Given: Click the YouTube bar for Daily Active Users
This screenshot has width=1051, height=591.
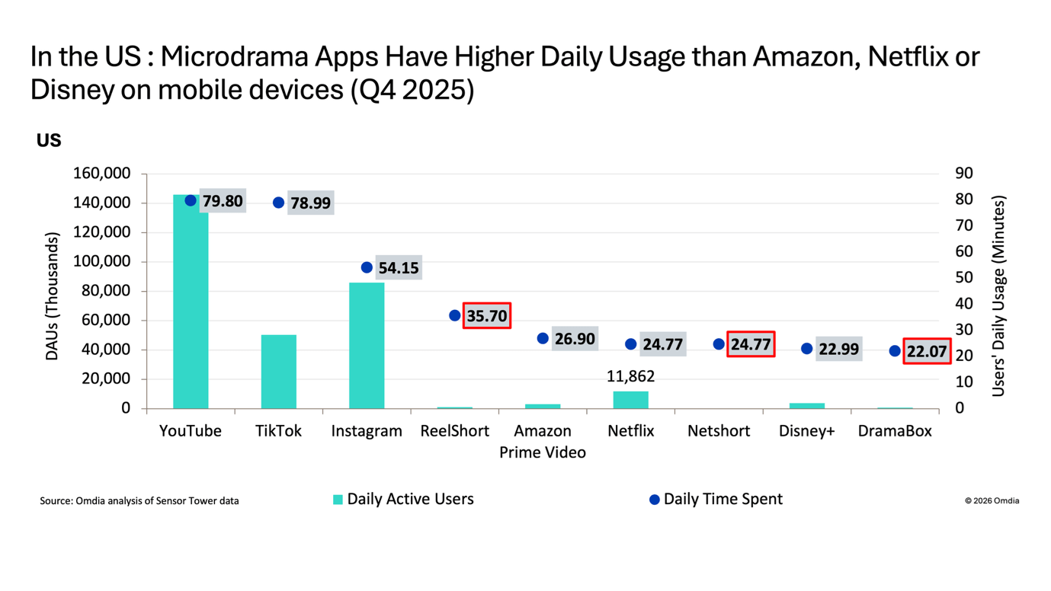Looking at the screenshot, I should pos(191,305).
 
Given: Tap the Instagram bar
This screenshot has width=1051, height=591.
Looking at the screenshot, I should pos(367,347).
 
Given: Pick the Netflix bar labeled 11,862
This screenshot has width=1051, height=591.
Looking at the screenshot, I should pos(630,400).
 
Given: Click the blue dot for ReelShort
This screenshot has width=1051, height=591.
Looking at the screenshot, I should pos(455,315).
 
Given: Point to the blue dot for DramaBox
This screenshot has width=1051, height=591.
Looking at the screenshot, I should pos(895,351).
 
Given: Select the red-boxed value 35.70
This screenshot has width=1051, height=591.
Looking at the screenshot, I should pos(487,315).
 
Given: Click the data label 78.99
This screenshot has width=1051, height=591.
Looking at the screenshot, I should pos(310,203).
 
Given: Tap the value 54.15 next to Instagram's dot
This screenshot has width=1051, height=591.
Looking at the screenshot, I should pos(399,268).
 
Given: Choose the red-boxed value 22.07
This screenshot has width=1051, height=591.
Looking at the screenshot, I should pos(927,351).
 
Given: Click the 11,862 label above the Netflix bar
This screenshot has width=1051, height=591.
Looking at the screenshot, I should pos(630,376).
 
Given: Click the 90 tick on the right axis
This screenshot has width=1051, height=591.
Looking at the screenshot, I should pos(963,174).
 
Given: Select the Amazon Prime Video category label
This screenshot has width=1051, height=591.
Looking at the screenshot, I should pos(543,442).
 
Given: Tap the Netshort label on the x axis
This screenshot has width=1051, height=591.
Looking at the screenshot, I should pos(719,431).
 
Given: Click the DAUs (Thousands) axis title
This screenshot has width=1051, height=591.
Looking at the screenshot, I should pos(52,296).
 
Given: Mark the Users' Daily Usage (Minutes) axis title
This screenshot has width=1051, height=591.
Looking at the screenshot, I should pos(999,296).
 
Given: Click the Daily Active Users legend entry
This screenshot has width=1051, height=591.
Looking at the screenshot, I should pos(403,500).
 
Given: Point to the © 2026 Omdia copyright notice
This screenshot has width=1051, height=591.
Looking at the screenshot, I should pos(992,501).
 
